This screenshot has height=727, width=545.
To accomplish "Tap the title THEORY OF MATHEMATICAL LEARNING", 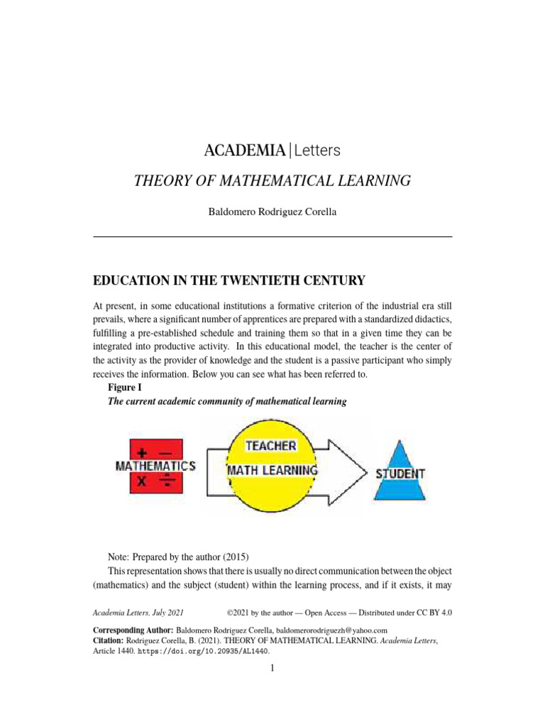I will click(x=272, y=181).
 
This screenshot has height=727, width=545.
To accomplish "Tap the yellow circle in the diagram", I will click(x=270, y=490).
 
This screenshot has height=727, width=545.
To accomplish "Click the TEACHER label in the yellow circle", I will click(x=270, y=446).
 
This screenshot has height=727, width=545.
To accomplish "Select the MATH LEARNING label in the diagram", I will click(x=271, y=470).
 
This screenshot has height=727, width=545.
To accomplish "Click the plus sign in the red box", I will click(x=144, y=451).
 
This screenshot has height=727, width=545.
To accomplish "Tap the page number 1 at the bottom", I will click(x=272, y=668).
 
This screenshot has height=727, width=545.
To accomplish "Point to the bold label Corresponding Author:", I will click(x=133, y=630).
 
